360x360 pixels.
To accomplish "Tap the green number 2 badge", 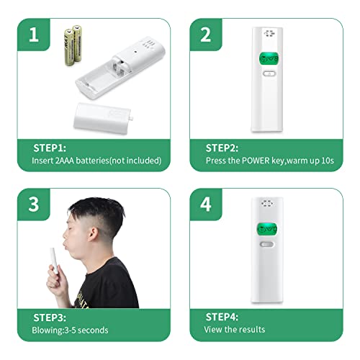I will (207, 32).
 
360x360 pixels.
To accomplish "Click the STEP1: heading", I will (50, 148).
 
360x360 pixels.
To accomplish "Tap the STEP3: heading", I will (50, 316).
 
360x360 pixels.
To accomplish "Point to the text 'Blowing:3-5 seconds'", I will (70, 330).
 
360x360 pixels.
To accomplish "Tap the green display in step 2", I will (269, 58).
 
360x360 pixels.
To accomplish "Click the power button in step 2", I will (268, 73).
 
